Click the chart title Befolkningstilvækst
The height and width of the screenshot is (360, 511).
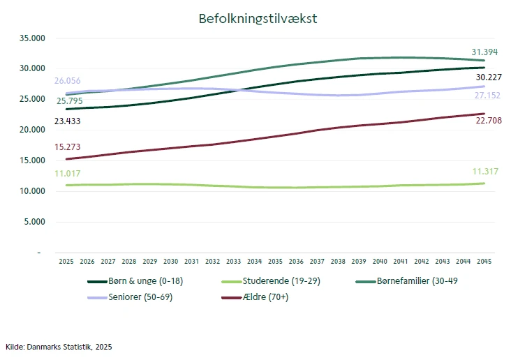pyautogui.click(x=258, y=19)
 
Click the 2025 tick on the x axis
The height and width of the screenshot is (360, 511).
pyautogui.click(x=66, y=261)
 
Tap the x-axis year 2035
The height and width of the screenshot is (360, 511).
pyautogui.click(x=276, y=261)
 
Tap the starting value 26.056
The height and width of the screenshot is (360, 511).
pyautogui.click(x=68, y=81)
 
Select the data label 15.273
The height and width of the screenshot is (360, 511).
pyautogui.click(x=68, y=147)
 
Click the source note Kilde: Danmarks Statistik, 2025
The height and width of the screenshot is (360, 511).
pyautogui.click(x=59, y=346)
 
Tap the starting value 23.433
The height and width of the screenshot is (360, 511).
pyautogui.click(x=68, y=121)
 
